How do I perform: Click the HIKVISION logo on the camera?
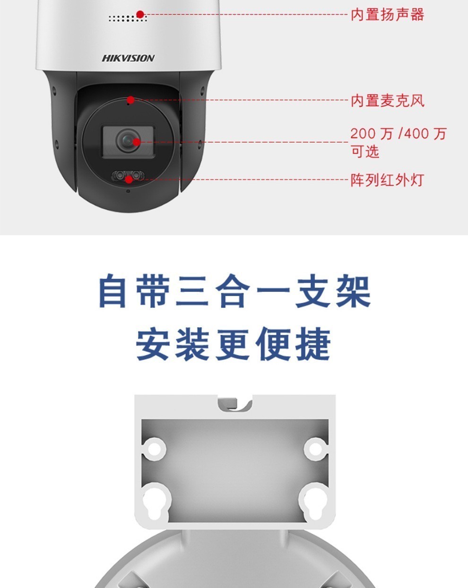(128, 58)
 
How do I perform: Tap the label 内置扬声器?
(387, 15)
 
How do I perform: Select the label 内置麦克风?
(387, 101)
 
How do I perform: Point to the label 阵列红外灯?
(387, 180)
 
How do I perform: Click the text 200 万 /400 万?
(398, 134)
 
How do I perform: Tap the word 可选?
(365, 152)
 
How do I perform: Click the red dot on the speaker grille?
(140, 14)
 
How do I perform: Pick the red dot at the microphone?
(131, 100)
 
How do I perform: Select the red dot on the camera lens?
(137, 142)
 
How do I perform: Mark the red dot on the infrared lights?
(129, 179)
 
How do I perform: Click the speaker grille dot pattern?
(128, 18)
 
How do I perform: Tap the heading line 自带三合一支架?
(234, 290)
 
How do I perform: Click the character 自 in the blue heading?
(113, 290)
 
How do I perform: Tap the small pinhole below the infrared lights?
(128, 191)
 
